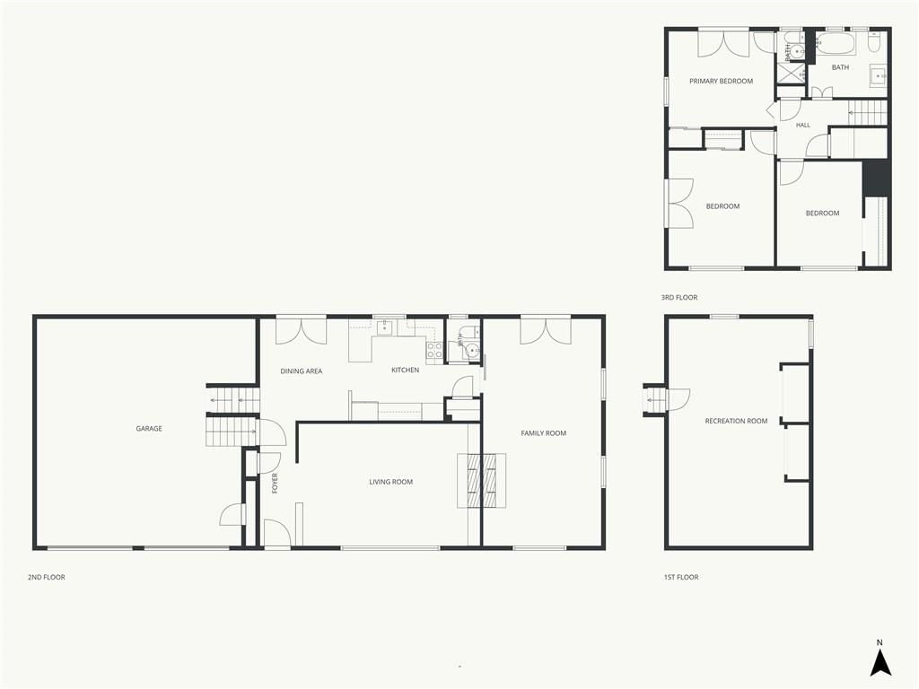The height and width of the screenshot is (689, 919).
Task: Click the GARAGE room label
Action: coord(149,428)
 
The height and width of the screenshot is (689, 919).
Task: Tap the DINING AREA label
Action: coord(302,371)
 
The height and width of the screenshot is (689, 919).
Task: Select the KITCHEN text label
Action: coord(405,370)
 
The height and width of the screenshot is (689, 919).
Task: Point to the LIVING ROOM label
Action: coord(391,482)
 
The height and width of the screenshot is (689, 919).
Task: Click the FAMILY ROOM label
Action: coord(543,433)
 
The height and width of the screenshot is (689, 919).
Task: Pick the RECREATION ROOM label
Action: coord(736,421)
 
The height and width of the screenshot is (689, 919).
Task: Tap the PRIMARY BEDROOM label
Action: coord(721,81)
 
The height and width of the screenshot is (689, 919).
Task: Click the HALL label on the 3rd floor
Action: coord(803,125)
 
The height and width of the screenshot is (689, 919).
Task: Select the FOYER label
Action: coord(275,484)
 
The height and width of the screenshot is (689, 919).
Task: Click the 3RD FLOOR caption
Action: coord(679,297)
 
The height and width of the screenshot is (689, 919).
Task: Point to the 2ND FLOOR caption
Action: coord(47,577)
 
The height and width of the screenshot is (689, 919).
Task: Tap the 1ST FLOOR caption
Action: coord(681,577)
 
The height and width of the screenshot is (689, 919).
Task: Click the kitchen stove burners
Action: coord(434,350)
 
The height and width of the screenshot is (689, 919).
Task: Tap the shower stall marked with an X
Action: coord(791,73)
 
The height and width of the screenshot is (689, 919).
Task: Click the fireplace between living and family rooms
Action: coord(481,481)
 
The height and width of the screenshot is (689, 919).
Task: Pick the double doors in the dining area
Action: coord(301,331)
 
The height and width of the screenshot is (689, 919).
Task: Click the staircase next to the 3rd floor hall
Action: coord(868,112)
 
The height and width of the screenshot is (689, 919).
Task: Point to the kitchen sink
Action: coord(384,327)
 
